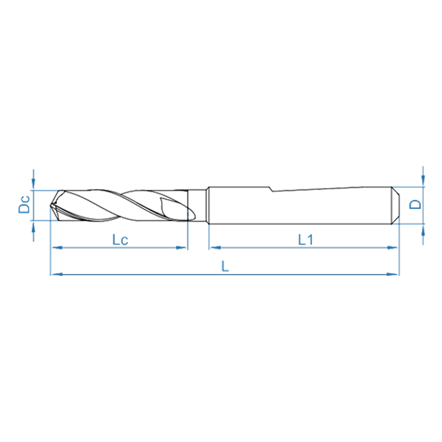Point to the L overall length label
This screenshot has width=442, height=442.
click(x=225, y=266)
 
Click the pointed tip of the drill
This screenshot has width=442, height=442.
click(x=51, y=207)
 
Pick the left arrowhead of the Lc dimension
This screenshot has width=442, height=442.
click(x=54, y=247)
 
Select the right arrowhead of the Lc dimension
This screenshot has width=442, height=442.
click(x=184, y=247)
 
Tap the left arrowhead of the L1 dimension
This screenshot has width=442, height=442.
click(x=212, y=247)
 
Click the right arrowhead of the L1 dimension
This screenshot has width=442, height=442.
click(x=395, y=247)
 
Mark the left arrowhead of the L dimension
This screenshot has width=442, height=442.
click(x=54, y=274)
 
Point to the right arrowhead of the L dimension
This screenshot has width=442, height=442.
click(x=395, y=274)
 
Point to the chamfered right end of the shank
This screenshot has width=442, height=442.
click(x=395, y=205)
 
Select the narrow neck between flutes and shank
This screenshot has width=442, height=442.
click(x=198, y=205)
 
